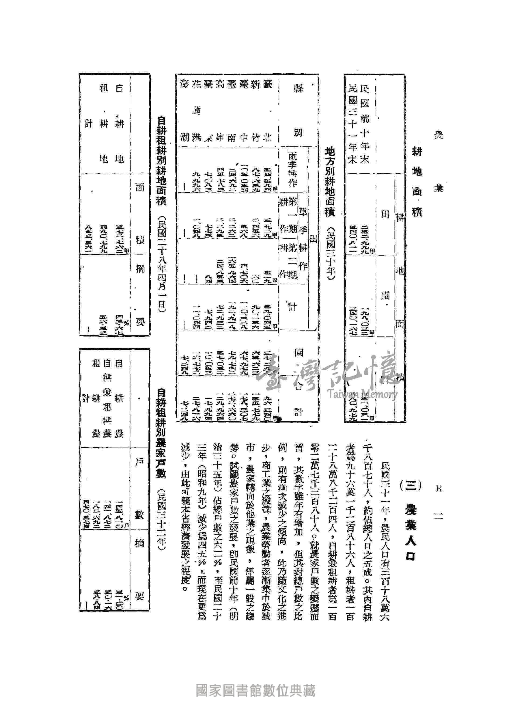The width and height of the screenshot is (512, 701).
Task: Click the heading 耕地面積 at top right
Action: pyautogui.click(x=417, y=182)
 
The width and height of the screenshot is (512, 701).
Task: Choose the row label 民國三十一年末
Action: pyautogui.click(x=352, y=124)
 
